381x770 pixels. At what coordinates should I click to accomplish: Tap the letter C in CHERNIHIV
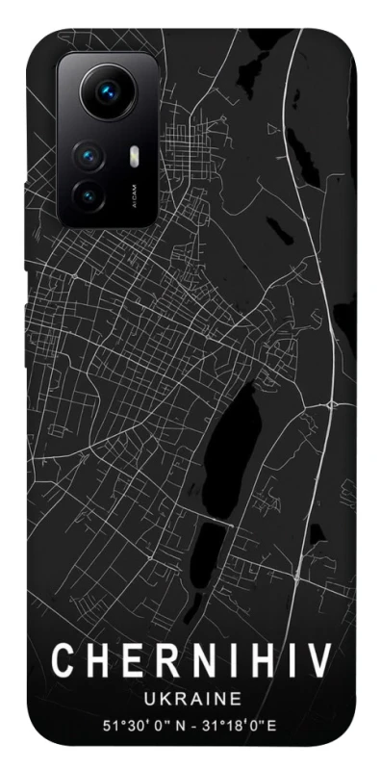(x=63, y=661)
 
